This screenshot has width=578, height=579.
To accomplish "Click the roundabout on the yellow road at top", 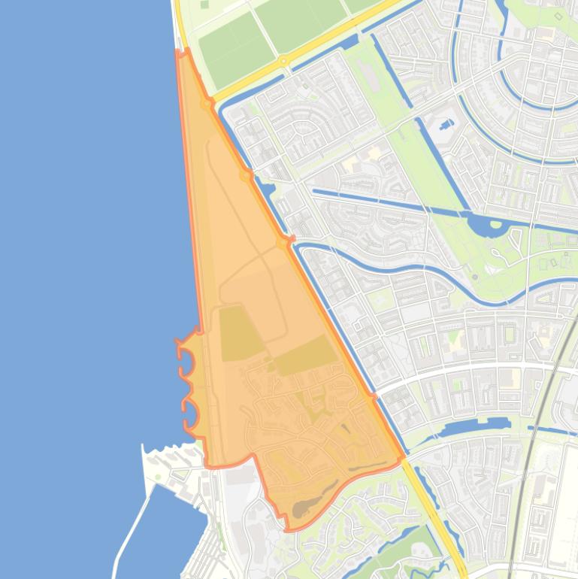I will pyautogui.click(x=283, y=61).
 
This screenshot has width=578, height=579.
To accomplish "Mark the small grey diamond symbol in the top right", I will pyautogui.click(x=558, y=16).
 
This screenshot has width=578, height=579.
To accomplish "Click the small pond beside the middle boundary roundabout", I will pyautogui.click(x=267, y=188).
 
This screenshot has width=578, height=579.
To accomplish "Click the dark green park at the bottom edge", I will pyautogui.click(x=406, y=556).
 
